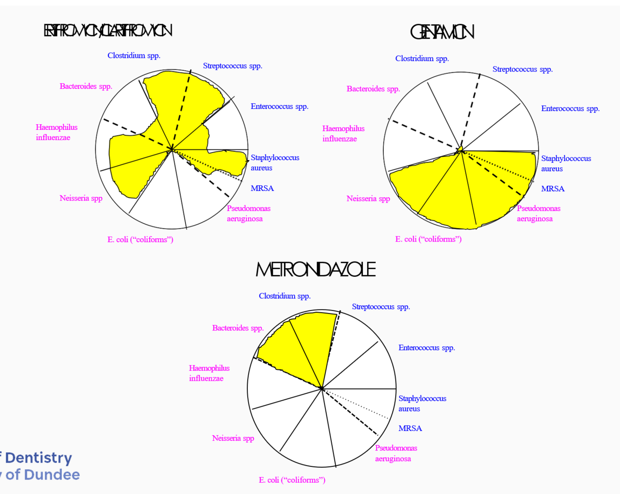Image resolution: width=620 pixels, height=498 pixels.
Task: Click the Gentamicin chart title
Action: pyautogui.click(x=442, y=32)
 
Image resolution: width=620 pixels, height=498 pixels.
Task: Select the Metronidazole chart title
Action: pyautogui.click(x=316, y=269)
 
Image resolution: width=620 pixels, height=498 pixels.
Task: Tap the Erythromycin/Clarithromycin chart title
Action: pyautogui.click(x=108, y=31)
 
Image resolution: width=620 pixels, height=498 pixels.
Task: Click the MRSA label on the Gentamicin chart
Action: pyautogui.click(x=553, y=189)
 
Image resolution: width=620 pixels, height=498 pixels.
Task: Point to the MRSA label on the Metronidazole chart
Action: pyautogui.click(x=410, y=429)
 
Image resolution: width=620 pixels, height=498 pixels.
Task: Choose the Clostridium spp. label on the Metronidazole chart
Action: pyautogui.click(x=284, y=296)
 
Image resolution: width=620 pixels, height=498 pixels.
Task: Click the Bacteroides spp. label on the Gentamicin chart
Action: pyautogui.click(x=373, y=89)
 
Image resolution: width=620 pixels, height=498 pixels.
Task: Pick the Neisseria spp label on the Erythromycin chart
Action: pyautogui.click(x=81, y=198)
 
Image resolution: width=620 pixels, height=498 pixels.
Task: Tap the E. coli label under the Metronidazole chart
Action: pyautogui.click(x=292, y=480)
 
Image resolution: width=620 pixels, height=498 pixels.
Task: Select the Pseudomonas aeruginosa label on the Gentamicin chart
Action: pyautogui.click(x=539, y=214)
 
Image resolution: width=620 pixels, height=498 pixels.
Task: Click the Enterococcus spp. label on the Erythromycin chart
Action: pyautogui.click(x=279, y=107)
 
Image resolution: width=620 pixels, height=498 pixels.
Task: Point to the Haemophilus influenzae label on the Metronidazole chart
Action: pyautogui.click(x=209, y=373)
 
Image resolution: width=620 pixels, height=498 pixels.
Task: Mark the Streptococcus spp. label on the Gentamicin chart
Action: pyautogui.click(x=522, y=69)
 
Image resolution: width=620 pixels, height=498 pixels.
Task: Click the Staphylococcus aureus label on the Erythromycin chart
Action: pyautogui.click(x=275, y=163)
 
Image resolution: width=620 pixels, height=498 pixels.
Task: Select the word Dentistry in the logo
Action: pyautogui.click(x=39, y=458)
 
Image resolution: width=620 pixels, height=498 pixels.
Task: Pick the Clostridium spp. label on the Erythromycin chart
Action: pyautogui.click(x=134, y=56)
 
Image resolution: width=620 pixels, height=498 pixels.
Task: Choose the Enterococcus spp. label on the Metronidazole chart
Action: pyautogui.click(x=427, y=348)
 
